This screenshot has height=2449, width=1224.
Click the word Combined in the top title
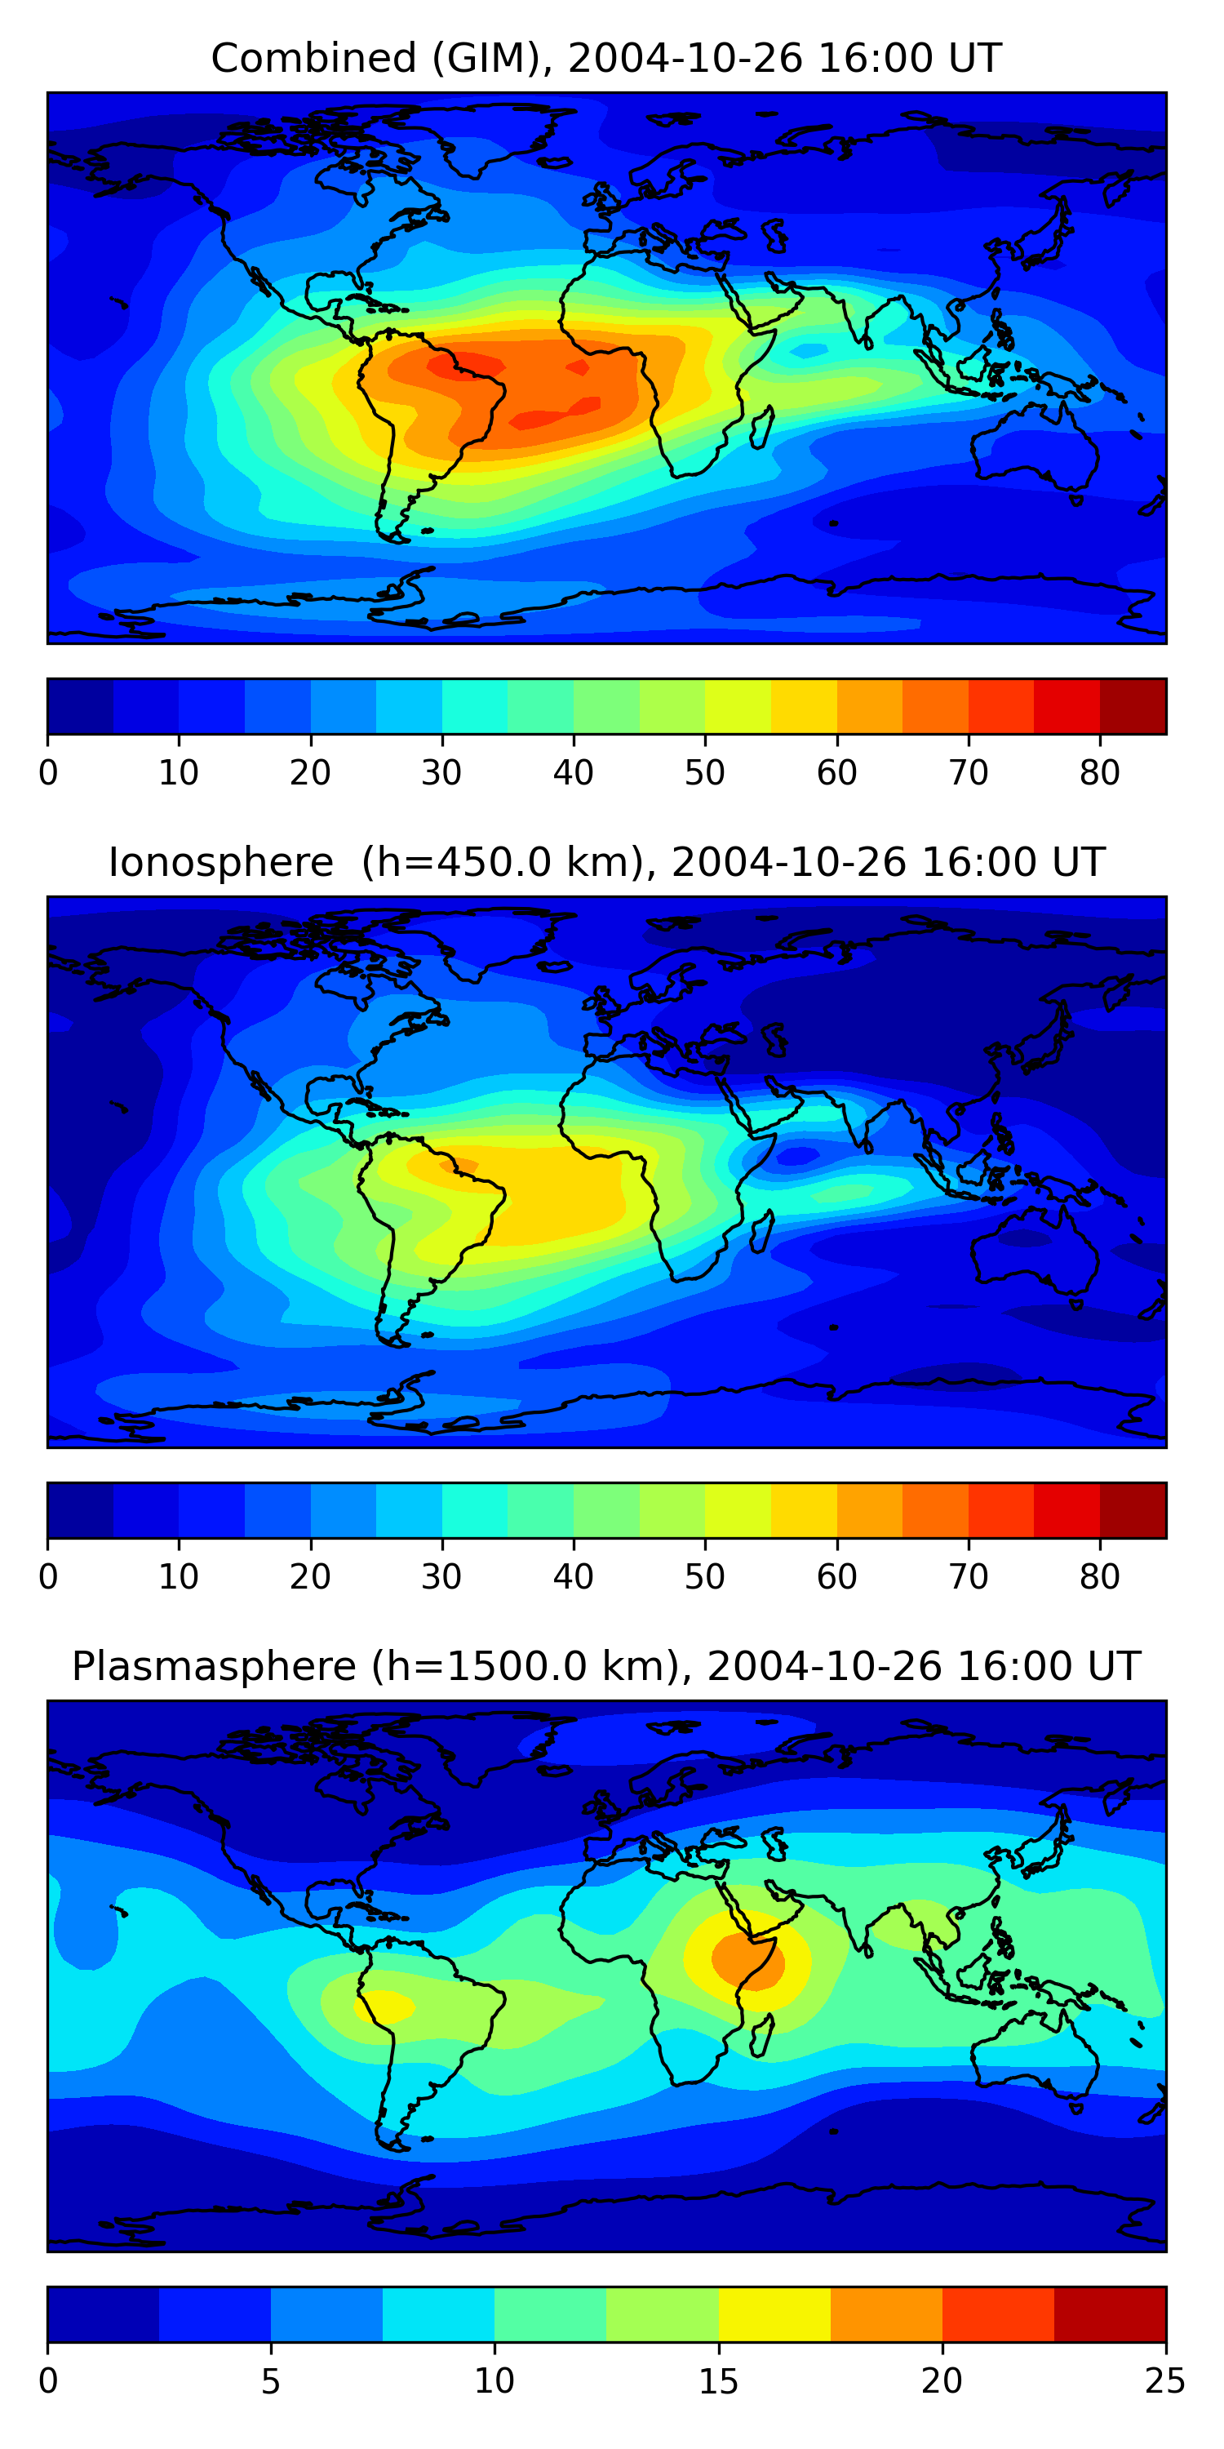[313, 58]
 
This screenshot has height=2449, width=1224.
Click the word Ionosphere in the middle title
[220, 862]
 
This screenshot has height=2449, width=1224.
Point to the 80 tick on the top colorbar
[1099, 772]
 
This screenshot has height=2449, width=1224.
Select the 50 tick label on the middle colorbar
[704, 1576]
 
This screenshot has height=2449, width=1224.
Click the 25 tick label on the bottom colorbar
[1165, 2380]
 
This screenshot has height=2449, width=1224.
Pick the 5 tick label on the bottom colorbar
[271, 2380]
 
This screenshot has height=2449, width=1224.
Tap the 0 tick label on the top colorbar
[48, 772]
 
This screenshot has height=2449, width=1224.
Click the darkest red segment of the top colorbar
[1133, 706]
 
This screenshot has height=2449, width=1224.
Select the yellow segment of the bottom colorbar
[774, 2314]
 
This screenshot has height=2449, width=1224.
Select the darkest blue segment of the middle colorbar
[81, 1509]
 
